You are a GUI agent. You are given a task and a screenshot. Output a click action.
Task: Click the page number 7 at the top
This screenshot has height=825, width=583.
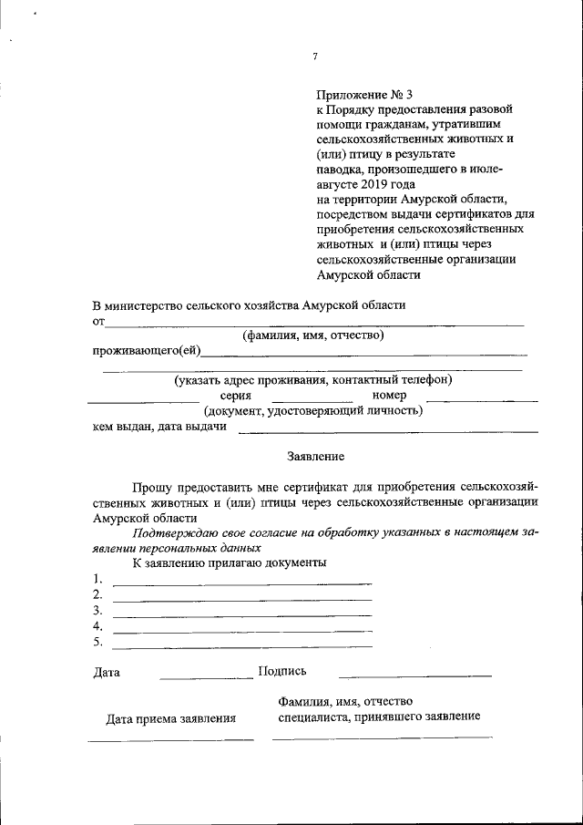tap(315, 57)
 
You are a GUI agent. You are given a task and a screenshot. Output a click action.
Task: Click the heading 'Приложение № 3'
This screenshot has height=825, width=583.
tap(364, 94)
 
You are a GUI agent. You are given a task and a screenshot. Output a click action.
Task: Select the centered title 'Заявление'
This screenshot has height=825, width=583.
tap(315, 455)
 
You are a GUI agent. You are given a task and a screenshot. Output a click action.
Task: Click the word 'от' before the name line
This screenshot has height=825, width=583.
tap(98, 321)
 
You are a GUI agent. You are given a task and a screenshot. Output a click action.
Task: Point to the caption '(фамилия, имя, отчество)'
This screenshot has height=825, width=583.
tap(312, 335)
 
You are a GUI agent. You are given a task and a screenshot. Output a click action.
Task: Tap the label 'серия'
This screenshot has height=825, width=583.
tap(236, 396)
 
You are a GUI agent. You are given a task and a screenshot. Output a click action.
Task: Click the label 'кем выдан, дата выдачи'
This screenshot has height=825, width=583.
tap(159, 427)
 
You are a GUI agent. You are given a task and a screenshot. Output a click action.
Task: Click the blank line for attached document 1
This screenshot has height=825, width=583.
tap(241, 583)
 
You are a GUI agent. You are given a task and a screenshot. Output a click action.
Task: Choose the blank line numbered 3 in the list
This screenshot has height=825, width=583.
tap(241, 615)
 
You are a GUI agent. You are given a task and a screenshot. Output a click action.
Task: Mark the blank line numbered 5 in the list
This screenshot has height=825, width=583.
tap(241, 645)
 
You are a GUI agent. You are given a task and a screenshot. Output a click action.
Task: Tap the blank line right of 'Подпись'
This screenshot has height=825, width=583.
tap(414, 675)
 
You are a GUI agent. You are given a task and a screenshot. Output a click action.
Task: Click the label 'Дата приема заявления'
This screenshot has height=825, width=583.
tap(171, 718)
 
